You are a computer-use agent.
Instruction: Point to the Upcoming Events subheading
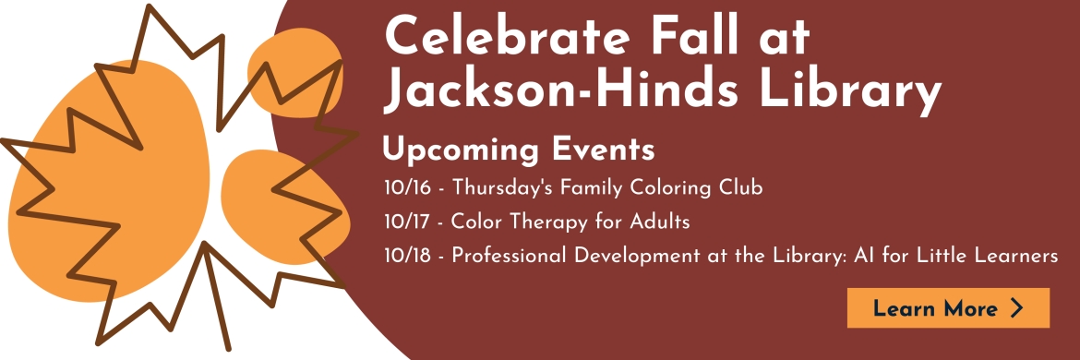[x=519, y=150]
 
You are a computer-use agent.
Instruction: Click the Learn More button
[x=948, y=307]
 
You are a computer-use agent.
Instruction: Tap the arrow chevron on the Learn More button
[x=1016, y=307]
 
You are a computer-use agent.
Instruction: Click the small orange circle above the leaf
[x=295, y=72]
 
